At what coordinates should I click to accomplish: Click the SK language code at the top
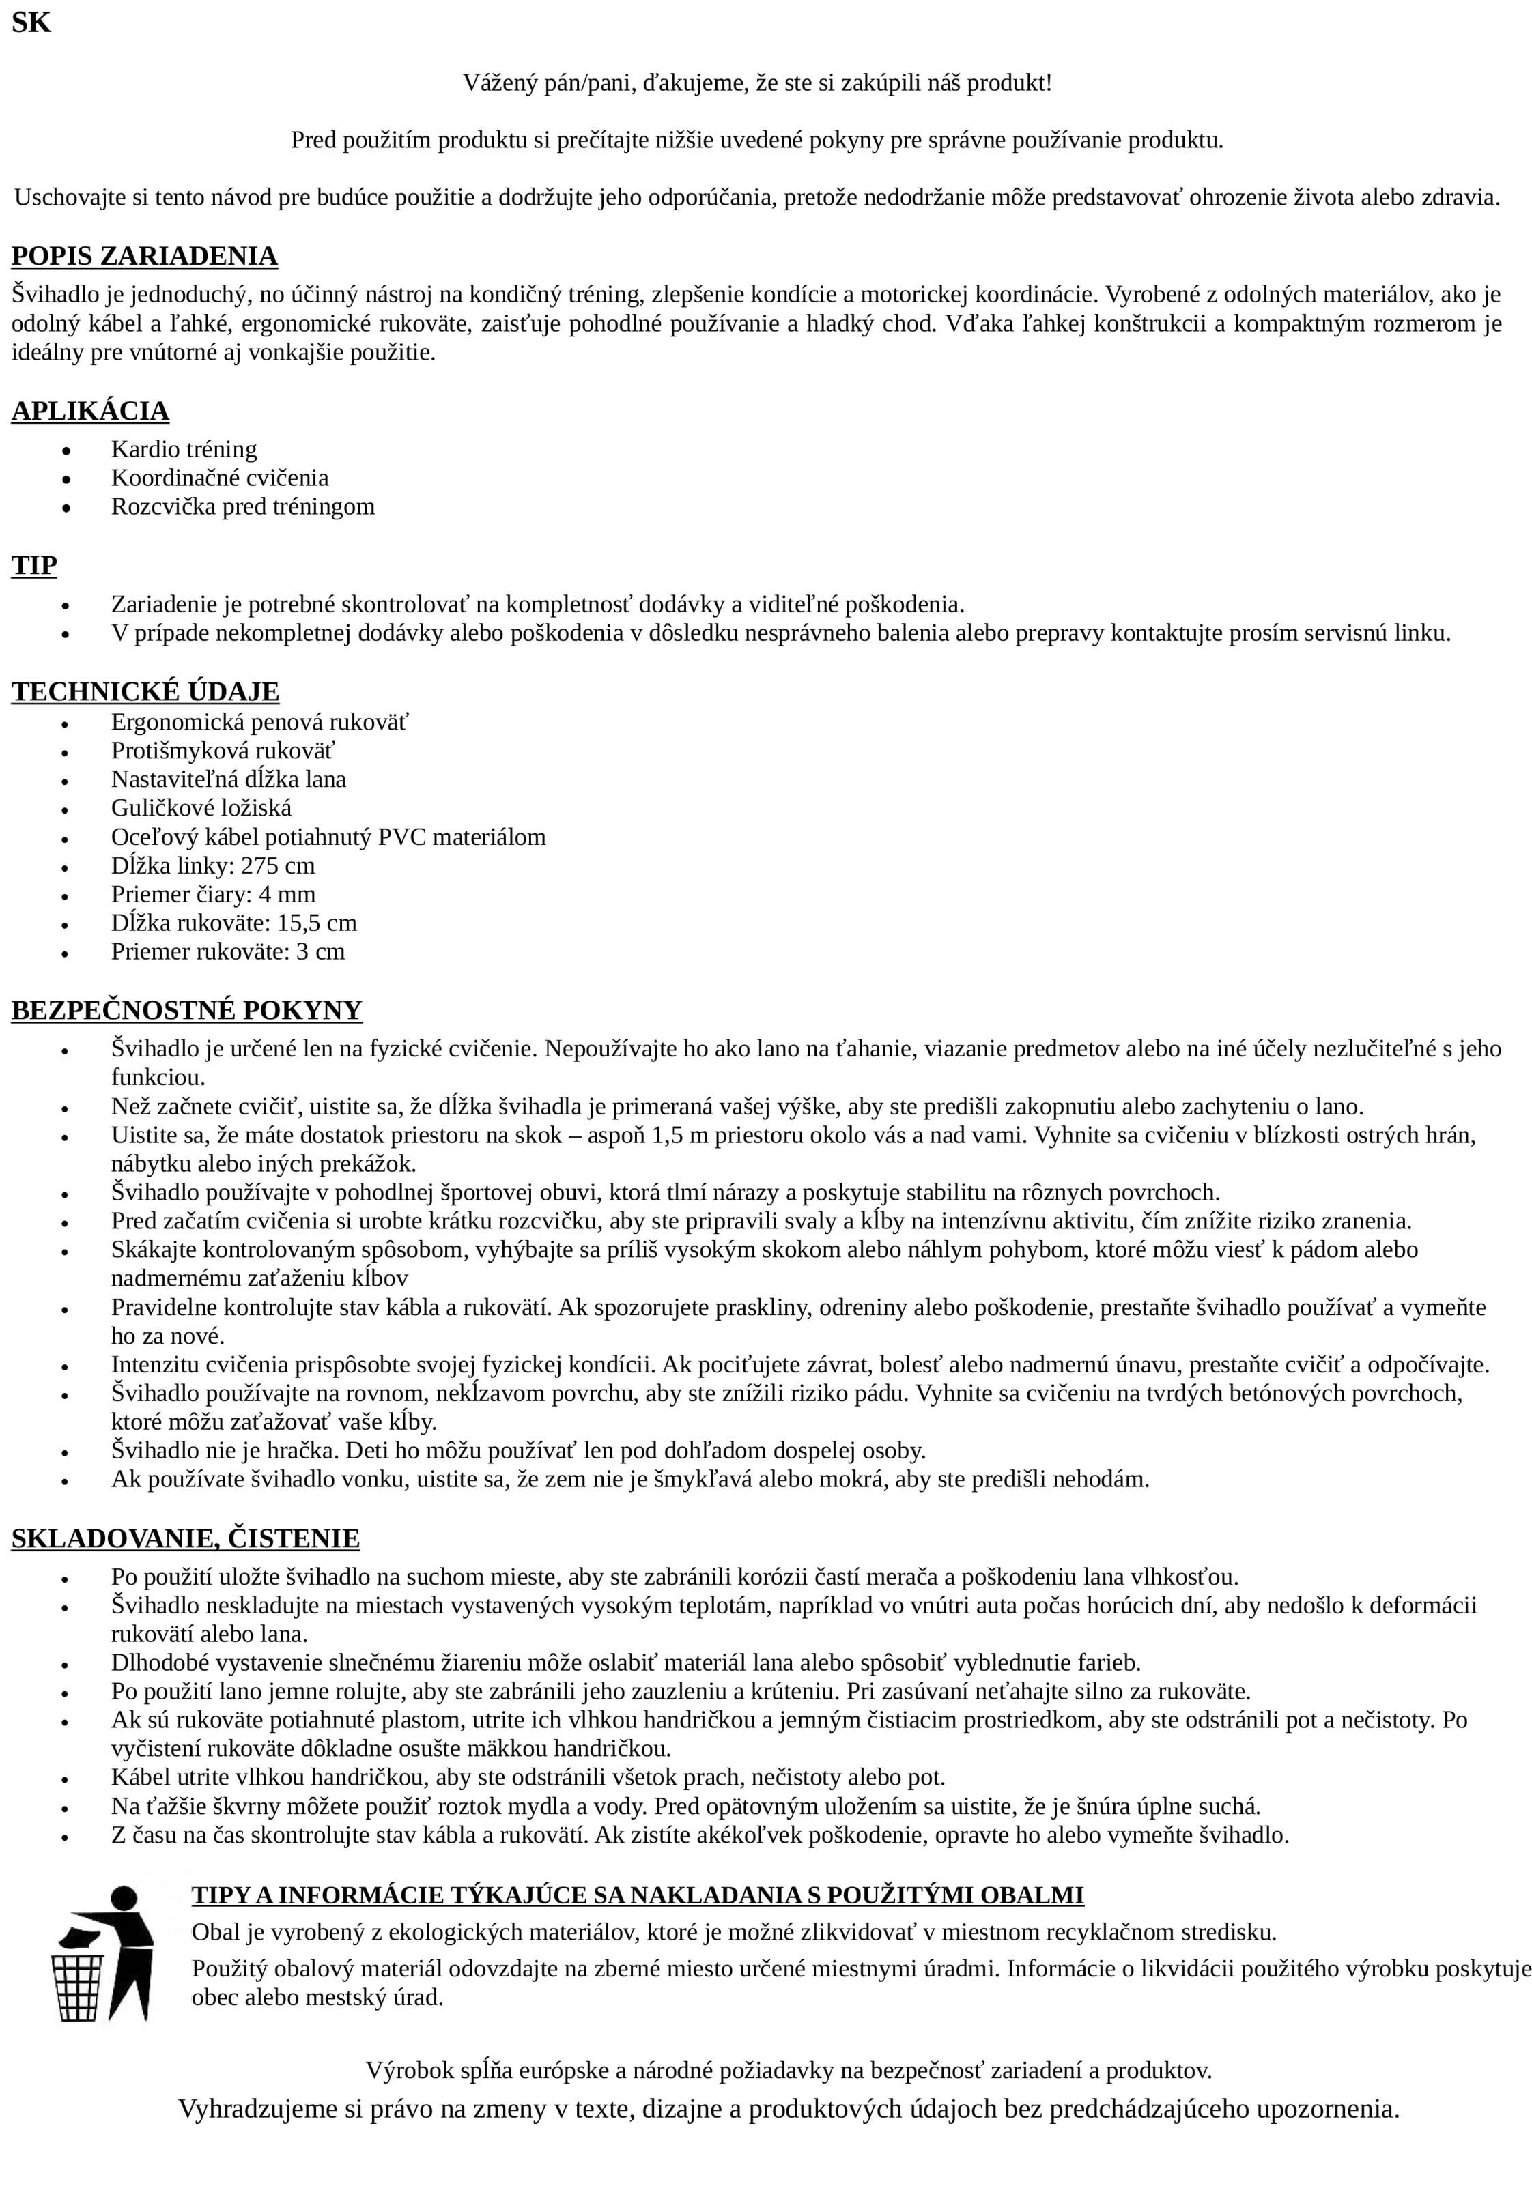point(31,23)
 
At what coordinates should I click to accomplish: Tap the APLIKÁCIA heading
point(90,412)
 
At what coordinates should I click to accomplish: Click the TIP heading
point(34,566)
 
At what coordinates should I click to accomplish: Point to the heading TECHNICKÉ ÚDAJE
point(145,691)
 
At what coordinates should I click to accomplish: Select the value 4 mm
point(287,894)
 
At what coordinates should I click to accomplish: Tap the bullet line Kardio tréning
point(184,448)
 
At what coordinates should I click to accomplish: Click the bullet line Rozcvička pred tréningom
point(243,506)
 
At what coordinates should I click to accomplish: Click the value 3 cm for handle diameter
point(321,951)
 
